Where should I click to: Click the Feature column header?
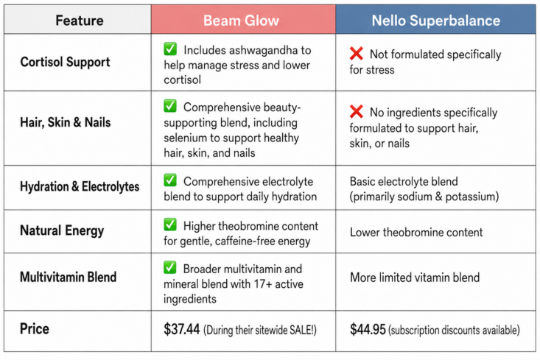80,21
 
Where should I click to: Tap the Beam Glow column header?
241,21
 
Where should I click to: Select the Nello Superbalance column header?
435,21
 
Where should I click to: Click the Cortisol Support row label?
65,62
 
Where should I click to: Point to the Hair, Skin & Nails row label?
66,122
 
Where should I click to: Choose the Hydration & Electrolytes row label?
80,186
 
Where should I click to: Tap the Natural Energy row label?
62,230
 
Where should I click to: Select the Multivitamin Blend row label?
69,277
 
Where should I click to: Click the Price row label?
35,329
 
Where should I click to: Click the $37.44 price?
181,329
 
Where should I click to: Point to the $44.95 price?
368,329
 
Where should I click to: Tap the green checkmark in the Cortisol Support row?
170,49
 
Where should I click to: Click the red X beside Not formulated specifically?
357,53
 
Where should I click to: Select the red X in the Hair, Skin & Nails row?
357,111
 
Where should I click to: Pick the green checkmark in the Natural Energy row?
170,225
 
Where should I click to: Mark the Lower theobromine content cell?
416,233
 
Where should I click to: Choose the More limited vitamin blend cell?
415,278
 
